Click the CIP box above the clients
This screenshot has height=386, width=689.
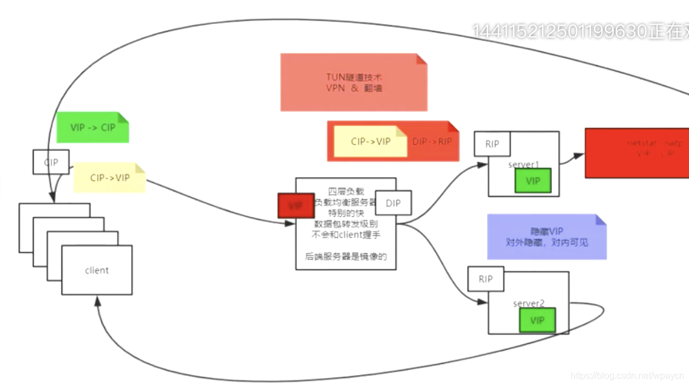coord(51,162)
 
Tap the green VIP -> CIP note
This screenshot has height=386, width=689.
coord(93,128)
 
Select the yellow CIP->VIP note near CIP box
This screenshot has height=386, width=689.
coord(109,178)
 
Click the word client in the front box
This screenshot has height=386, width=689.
coord(97,270)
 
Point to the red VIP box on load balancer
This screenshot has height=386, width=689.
coord(296,206)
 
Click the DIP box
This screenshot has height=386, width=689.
coord(393,203)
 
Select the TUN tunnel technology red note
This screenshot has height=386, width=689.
coord(354,83)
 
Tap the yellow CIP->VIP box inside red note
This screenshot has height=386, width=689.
coord(371,141)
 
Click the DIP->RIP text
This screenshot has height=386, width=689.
coord(432,141)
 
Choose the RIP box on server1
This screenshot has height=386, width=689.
coord(492,144)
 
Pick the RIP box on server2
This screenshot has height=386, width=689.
coord(485,279)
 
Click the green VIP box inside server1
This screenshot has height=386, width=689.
coord(533,180)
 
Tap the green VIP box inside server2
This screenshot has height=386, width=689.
coord(537,321)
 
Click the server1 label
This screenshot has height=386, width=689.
coord(523,165)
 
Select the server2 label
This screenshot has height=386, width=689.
coord(528,303)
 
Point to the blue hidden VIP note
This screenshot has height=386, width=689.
coord(547,237)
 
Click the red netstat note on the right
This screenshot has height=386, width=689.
coord(637,153)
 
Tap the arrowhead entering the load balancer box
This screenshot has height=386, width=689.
coord(291,224)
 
